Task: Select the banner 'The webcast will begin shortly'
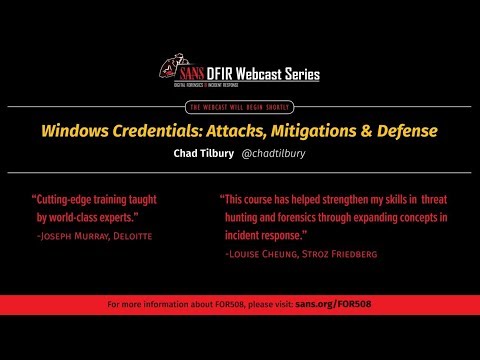[x=239, y=106]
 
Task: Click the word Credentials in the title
[x=155, y=131]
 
